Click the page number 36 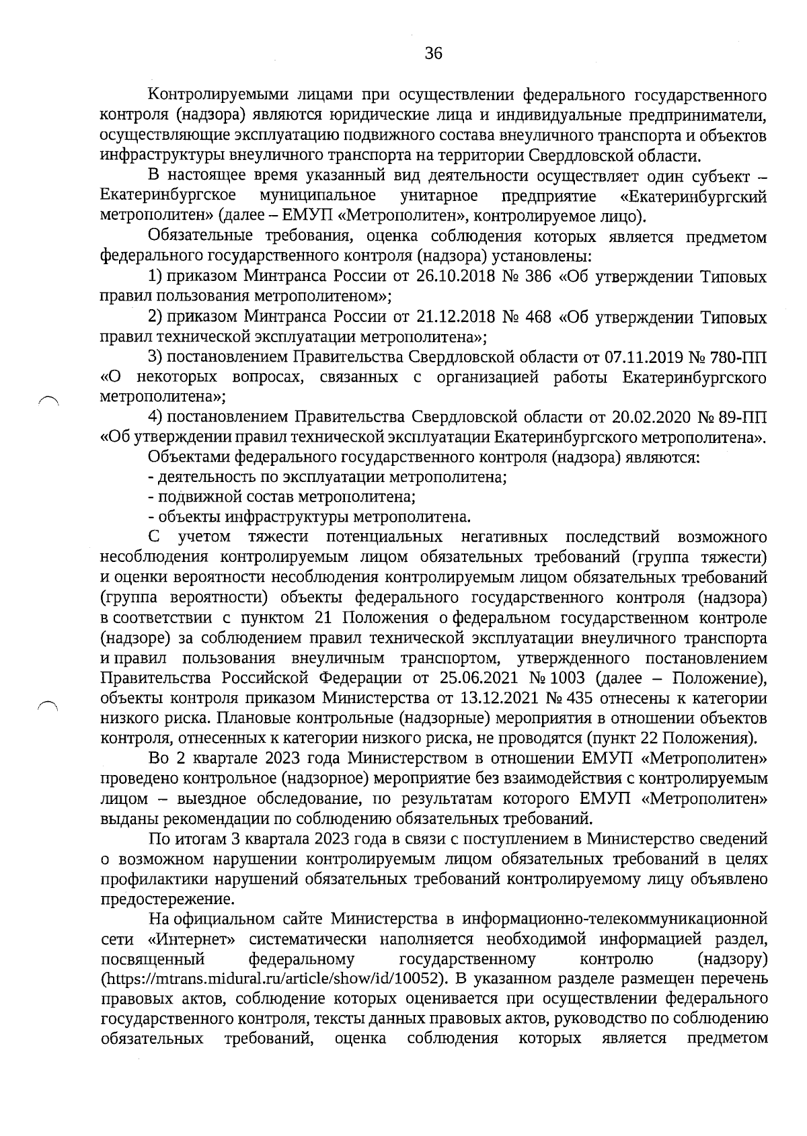point(434,53)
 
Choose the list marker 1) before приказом point(155,277)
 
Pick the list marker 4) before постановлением point(155,417)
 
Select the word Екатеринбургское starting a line point(167,196)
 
